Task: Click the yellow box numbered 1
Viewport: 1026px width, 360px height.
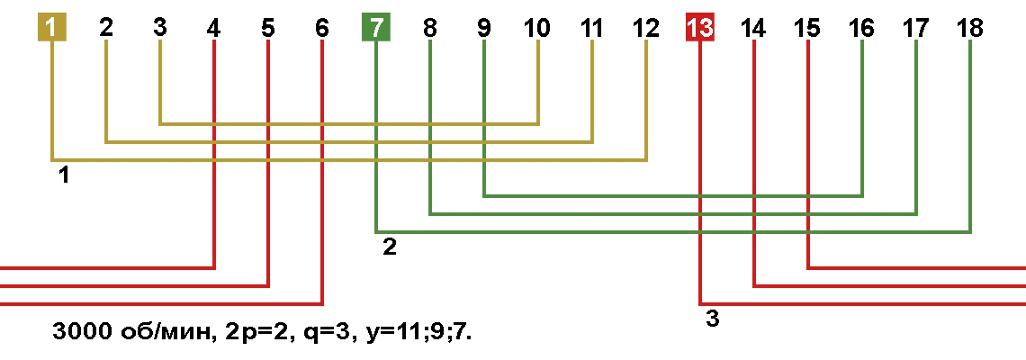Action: [x=51, y=28]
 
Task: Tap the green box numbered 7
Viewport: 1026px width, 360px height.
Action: [x=376, y=28]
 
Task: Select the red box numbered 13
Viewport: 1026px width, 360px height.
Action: [x=700, y=28]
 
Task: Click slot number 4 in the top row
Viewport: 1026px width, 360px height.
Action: [x=213, y=28]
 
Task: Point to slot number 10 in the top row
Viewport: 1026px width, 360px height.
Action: [x=538, y=28]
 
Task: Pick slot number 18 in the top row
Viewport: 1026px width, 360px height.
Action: [x=969, y=28]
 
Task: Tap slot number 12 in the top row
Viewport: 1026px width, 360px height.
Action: [x=646, y=28]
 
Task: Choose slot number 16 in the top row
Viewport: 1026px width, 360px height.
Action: [x=861, y=28]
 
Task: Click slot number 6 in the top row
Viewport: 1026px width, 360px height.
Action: [x=321, y=28]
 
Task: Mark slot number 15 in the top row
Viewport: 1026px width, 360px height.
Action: [x=807, y=28]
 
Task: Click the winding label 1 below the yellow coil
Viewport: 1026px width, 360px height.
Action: [x=64, y=176]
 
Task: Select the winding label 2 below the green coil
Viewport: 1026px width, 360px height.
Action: [x=390, y=248]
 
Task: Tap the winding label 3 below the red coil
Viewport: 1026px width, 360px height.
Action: [x=713, y=320]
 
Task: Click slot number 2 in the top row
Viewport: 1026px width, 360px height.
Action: [x=106, y=28]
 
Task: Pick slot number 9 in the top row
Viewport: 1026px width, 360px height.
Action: [x=483, y=28]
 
